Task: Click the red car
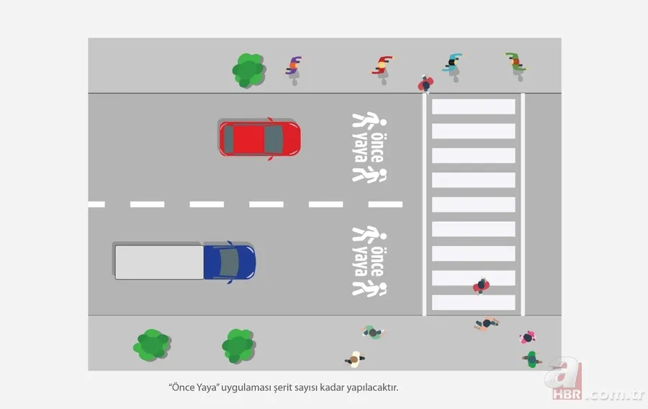point(259,138)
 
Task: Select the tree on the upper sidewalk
point(248,70)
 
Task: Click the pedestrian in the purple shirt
point(293,67)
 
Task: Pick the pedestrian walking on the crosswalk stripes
point(481,286)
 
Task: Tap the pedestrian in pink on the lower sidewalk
point(528,336)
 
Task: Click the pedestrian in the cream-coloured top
point(354,358)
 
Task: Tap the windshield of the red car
point(273,138)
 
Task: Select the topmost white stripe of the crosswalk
point(473,107)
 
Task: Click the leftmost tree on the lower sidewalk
point(151,345)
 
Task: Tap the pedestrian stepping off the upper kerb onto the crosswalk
point(426,84)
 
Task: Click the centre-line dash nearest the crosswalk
point(385,204)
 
